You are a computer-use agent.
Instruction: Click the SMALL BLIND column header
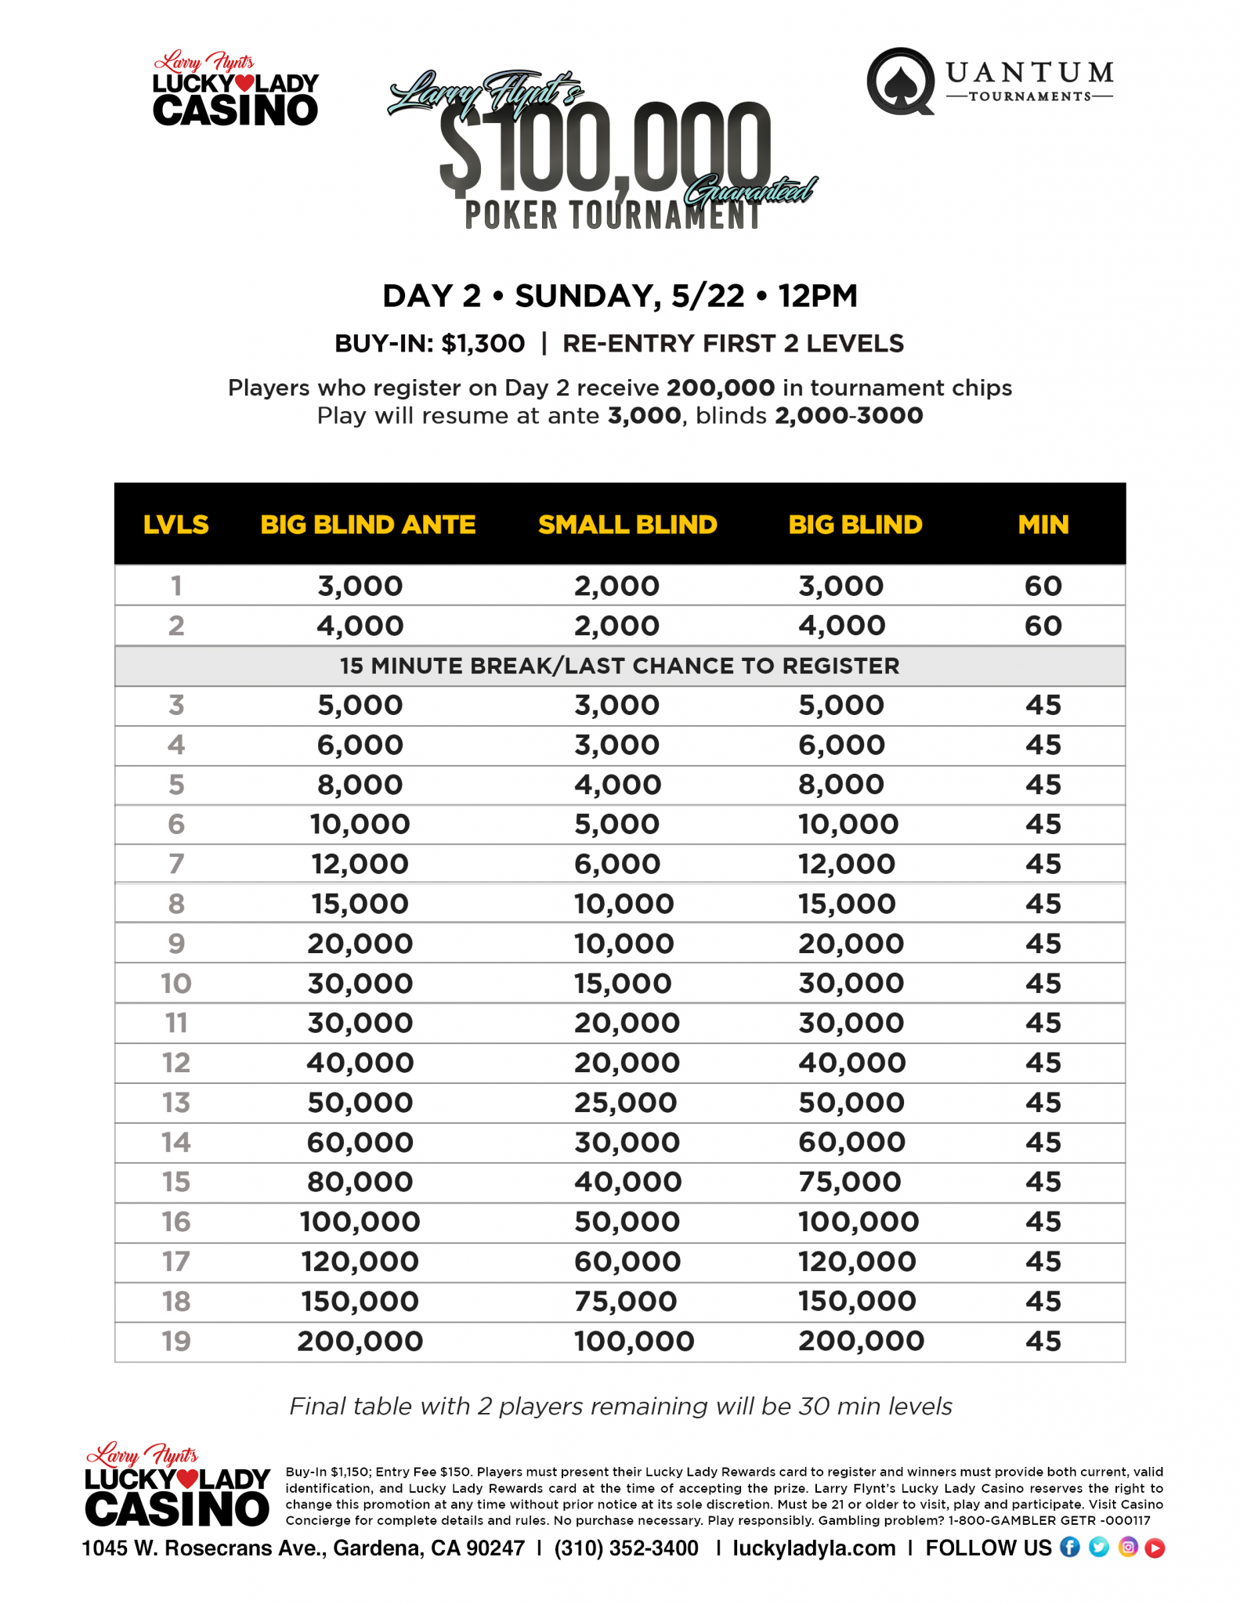(627, 524)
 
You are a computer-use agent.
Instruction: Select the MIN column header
(1043, 524)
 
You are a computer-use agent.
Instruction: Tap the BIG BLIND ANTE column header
(367, 524)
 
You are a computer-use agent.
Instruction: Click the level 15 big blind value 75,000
(849, 1181)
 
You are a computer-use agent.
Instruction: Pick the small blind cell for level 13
(625, 1102)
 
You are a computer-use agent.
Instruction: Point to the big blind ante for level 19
(360, 1340)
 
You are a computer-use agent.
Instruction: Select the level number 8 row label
(176, 903)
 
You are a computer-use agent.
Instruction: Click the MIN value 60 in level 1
(1043, 585)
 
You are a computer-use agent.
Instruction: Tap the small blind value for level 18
(625, 1301)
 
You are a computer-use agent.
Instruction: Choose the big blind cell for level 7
(846, 863)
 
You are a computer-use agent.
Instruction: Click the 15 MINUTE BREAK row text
(619, 666)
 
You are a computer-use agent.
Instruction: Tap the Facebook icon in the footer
(1069, 1547)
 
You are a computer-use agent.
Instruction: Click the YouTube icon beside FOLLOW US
(1155, 1548)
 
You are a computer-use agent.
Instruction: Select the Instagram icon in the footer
(1127, 1547)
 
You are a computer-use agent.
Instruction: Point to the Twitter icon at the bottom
(1098, 1547)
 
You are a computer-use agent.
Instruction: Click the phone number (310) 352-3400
(626, 1548)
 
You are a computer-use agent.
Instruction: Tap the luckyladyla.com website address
(814, 1548)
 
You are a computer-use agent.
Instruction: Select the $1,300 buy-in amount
(483, 343)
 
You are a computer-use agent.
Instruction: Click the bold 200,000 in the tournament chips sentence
(721, 388)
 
